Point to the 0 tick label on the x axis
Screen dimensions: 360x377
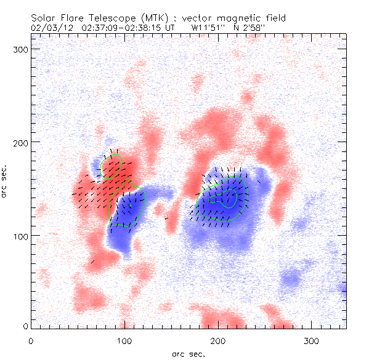31,340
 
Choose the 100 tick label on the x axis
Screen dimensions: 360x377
124,340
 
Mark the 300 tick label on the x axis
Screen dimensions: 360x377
312,340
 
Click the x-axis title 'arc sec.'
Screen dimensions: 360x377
188,354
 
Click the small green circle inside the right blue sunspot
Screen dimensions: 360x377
230,198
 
